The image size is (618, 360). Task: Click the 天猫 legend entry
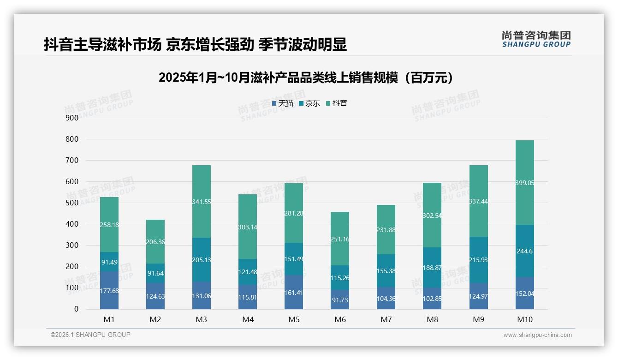click(283, 103)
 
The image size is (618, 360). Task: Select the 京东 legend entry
click(309, 103)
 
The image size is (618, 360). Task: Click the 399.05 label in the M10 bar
click(525, 183)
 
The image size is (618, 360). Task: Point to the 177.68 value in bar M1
click(109, 290)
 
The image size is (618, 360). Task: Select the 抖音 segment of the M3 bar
click(202, 201)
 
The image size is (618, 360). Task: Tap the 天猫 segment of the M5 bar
click(294, 292)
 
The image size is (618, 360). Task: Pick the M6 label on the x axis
click(340, 319)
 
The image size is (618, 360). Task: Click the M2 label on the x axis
click(155, 319)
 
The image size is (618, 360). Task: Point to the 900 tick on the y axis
click(72, 118)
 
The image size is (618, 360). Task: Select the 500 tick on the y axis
click(72, 203)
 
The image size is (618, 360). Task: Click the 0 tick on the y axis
click(76, 309)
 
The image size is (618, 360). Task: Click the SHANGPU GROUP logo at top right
click(536, 39)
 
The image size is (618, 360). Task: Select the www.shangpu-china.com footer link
click(537, 335)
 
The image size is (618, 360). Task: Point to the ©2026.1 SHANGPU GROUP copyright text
click(90, 335)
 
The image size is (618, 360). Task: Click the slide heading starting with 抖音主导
click(195, 45)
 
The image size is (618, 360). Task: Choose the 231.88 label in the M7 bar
click(386, 230)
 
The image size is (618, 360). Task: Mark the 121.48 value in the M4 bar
click(248, 272)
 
